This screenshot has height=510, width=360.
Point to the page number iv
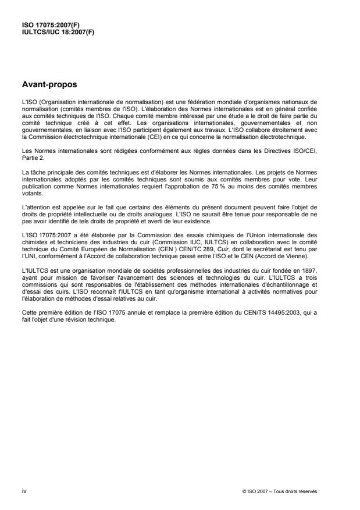(24, 491)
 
